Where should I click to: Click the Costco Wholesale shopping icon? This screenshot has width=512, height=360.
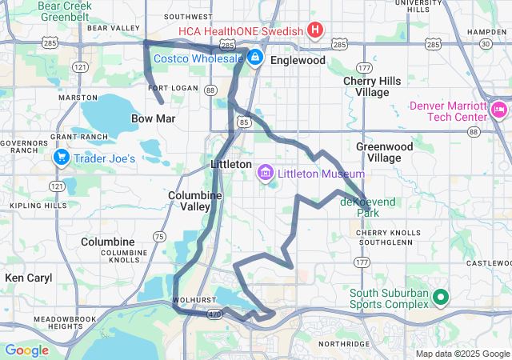(254, 58)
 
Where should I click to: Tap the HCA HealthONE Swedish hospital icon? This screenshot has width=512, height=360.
(315, 31)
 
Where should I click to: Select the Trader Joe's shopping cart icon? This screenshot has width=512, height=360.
(61, 158)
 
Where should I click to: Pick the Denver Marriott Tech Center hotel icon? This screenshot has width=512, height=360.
(500, 107)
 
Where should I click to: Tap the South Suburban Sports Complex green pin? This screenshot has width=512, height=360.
(439, 298)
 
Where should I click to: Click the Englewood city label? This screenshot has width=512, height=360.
(298, 60)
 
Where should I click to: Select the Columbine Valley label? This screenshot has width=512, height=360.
(189, 200)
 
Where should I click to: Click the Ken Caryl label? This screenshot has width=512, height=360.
(28, 278)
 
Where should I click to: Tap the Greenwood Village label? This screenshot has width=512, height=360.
(384, 152)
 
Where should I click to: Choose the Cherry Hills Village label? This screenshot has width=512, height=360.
(377, 86)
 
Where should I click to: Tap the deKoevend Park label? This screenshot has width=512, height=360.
(368, 208)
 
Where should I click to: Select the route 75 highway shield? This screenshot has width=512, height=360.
(160, 236)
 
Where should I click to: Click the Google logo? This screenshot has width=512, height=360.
(26, 350)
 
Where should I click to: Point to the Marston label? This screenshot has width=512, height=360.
(78, 97)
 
